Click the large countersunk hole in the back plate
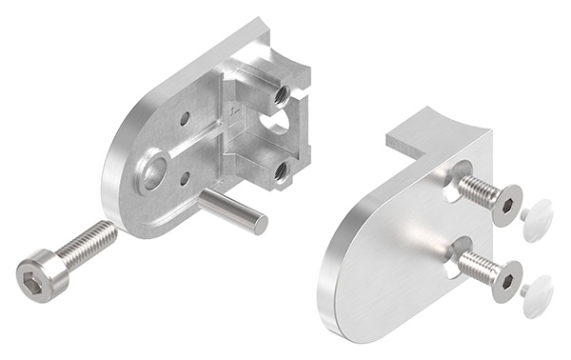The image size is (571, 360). [153, 172]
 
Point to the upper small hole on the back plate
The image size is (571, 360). [184, 119]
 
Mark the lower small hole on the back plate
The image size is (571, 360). [185, 177]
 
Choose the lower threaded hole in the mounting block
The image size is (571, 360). [280, 170]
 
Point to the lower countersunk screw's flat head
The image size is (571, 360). [506, 280]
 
